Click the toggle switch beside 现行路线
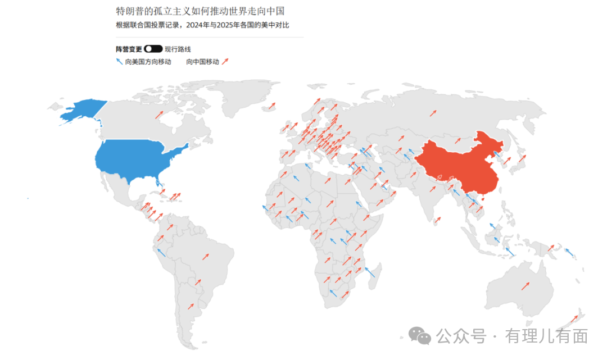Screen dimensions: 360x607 pos(153,49)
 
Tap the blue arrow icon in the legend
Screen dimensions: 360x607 pos(119,62)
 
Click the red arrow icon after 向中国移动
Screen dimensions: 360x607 pos(225,62)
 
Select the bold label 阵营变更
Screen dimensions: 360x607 pos(129,49)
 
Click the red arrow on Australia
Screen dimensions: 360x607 pos(526,285)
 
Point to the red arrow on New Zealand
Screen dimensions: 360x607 pos(573,319)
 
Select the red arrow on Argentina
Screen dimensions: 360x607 pos(191,307)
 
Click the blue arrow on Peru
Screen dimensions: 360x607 pos(161,253)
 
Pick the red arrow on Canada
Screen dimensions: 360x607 pos(160,115)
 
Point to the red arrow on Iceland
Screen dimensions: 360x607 pos(272,106)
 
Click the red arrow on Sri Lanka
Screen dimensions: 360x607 pos(437,220)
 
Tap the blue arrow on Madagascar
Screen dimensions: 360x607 pos(370,272)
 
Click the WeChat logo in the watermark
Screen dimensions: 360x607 pos(420,335)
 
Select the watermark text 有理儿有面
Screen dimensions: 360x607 pos(546,336)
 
